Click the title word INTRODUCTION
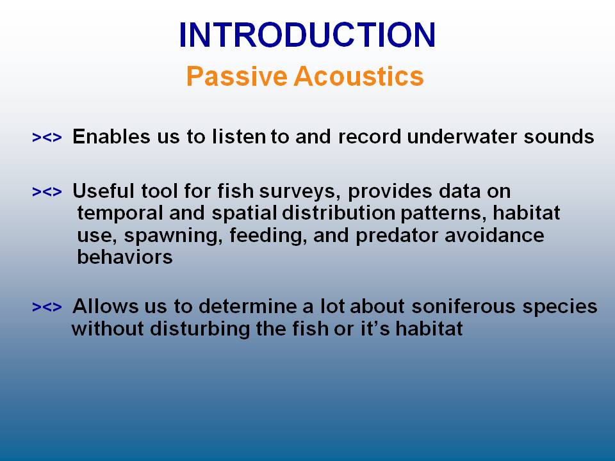307,35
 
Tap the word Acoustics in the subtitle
359,76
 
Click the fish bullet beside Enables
47,138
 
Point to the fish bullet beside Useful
47,191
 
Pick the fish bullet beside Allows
47,307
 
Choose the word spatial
244,214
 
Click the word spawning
174,236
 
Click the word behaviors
125,257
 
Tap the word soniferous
464,306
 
